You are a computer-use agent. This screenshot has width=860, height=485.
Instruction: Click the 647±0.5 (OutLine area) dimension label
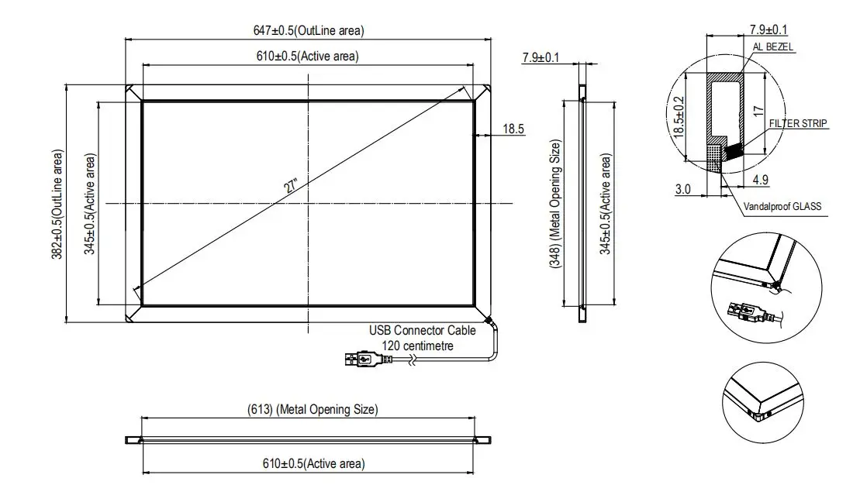click(x=308, y=30)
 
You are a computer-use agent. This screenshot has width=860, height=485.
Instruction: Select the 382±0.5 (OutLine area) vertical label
click(x=57, y=204)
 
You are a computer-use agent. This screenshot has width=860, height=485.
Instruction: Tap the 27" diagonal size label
click(x=291, y=186)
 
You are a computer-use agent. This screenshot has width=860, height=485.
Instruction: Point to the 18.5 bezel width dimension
click(x=513, y=129)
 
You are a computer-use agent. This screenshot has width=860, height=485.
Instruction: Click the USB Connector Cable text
click(x=423, y=331)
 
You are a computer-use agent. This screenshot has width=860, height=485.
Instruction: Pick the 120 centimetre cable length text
click(x=418, y=346)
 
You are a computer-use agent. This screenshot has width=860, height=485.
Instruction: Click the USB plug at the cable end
click(x=364, y=359)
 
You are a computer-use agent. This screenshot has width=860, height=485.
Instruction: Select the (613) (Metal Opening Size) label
click(x=313, y=409)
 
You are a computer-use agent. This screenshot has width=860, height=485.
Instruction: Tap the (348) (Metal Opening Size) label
click(x=555, y=204)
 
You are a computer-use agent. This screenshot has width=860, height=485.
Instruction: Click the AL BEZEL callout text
click(x=773, y=47)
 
